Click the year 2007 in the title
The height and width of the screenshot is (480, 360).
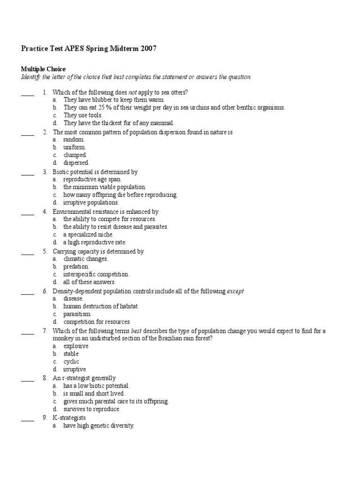click(147, 48)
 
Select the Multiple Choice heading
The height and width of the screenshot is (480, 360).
click(43, 69)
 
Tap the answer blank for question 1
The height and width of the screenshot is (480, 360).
click(28, 93)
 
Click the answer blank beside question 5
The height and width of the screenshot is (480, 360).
click(28, 252)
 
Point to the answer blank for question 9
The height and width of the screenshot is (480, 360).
click(28, 418)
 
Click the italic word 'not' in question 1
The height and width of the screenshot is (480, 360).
click(133, 92)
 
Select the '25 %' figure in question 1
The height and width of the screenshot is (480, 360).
click(113, 107)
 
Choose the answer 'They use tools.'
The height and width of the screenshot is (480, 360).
click(83, 115)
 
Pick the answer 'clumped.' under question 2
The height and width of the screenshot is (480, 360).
click(75, 155)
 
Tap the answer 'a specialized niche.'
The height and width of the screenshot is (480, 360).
click(89, 234)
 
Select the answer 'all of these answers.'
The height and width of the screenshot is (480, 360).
click(90, 282)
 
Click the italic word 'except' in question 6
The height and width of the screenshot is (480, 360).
click(235, 291)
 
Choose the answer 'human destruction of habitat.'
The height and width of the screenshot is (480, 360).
click(101, 307)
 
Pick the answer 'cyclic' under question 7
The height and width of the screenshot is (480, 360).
click(71, 362)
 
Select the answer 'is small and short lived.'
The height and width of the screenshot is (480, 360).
click(94, 394)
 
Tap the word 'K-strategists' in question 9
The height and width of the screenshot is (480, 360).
click(69, 418)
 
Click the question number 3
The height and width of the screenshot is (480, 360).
click(45, 172)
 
